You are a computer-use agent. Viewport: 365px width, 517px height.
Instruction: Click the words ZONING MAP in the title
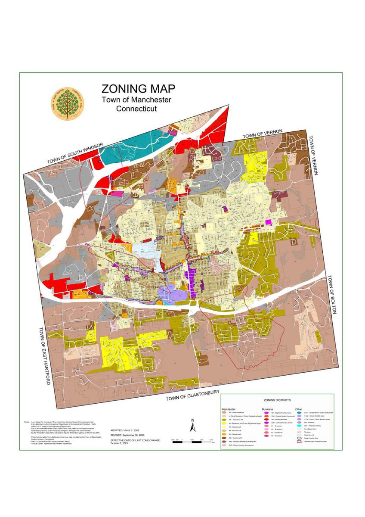click(x=138, y=89)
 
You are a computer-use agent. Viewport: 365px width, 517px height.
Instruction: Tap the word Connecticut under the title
click(x=136, y=109)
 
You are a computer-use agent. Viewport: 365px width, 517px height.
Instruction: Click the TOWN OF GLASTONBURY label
click(x=193, y=396)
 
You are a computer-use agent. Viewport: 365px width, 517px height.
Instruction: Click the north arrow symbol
click(x=194, y=426)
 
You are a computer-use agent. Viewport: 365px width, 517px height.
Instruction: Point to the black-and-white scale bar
click(x=192, y=439)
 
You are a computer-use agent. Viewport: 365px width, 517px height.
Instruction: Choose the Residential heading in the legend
click(x=229, y=408)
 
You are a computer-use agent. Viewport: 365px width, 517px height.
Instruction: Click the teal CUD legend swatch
click(x=299, y=412)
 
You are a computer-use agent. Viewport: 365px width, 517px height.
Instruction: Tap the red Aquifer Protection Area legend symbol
click(x=299, y=440)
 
